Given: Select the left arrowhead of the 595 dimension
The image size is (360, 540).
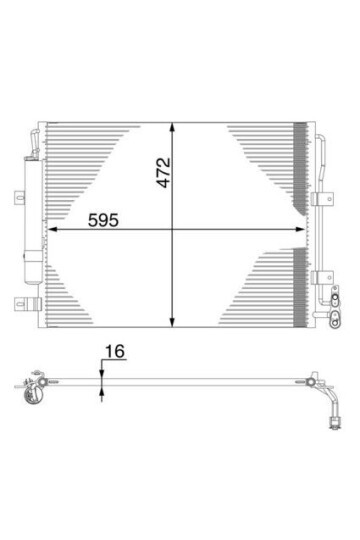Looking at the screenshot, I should click(52, 231).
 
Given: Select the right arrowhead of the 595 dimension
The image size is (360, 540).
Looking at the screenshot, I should click(303, 231).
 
